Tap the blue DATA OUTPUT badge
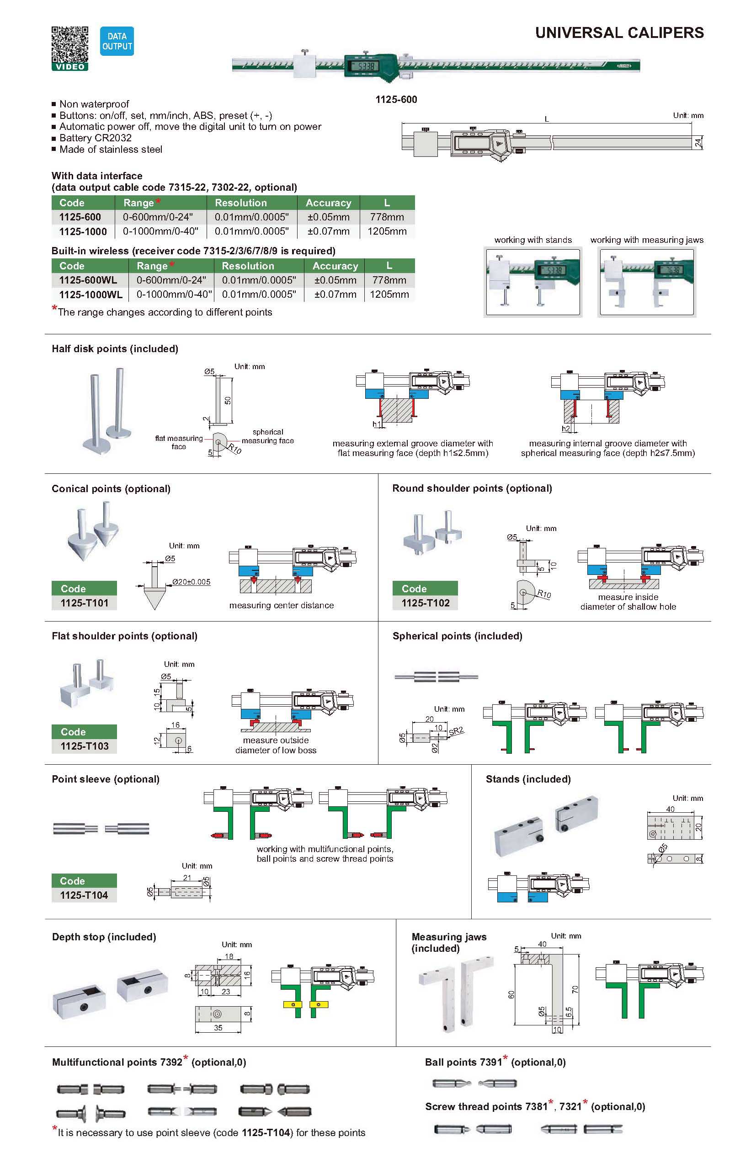117,41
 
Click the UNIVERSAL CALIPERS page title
619,33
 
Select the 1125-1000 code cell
83,231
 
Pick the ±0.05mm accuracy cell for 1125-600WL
335,280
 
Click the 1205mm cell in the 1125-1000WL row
389,295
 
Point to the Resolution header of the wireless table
247,266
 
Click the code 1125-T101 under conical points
84,603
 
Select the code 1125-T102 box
425,603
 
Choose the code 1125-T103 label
84,746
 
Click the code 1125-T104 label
84,895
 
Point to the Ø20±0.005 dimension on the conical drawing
192,582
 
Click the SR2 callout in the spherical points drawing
456,731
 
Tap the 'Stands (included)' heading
528,779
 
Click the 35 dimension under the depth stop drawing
218,1028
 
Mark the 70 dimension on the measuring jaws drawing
575,989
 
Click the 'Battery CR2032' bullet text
96,138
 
